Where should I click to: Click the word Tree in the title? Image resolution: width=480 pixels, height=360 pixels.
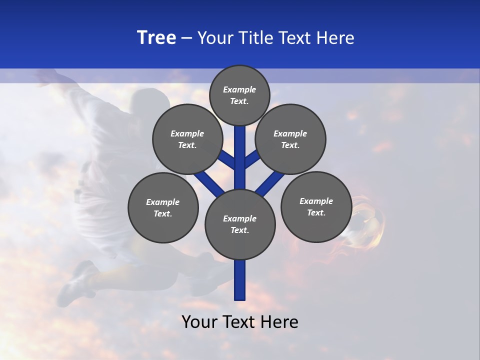pyautogui.click(x=156, y=38)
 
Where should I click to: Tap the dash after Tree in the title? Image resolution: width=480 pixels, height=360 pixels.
pyautogui.click(x=186, y=38)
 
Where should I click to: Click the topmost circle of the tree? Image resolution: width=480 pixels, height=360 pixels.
pyautogui.click(x=239, y=95)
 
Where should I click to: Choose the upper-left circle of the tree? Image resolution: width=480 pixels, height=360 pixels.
pyautogui.click(x=187, y=139)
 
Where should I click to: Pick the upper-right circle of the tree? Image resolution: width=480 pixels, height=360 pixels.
pyautogui.click(x=290, y=139)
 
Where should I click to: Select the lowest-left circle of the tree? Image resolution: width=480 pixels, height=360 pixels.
pyautogui.click(x=163, y=207)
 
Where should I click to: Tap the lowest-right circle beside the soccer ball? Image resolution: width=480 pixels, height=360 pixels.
pyautogui.click(x=316, y=206)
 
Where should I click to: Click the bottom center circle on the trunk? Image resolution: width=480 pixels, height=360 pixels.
pyautogui.click(x=240, y=224)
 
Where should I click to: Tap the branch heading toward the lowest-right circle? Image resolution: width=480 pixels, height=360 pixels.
pyautogui.click(x=270, y=183)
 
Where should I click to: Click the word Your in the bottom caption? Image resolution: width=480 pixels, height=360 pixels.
pyautogui.click(x=199, y=322)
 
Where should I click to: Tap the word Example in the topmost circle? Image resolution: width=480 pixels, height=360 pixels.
pyautogui.click(x=239, y=89)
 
